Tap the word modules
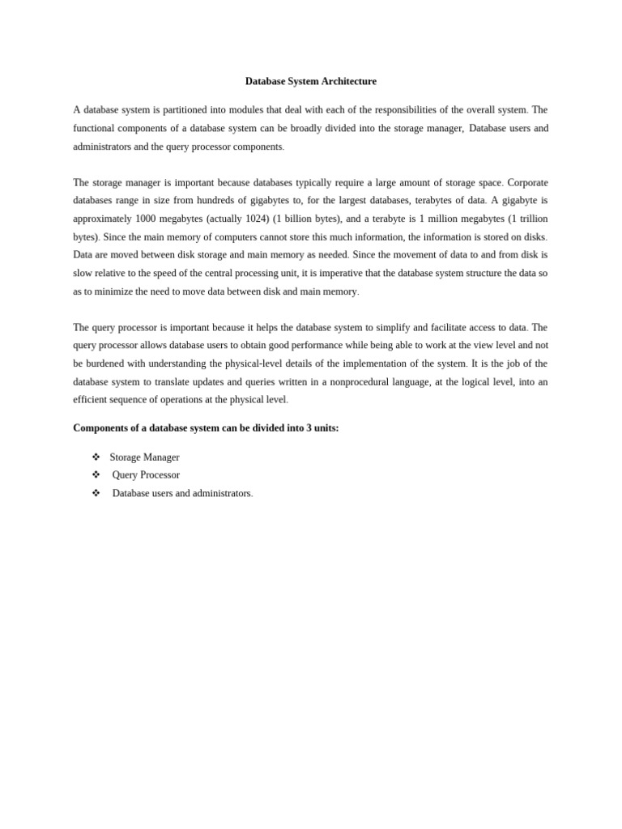(x=234, y=110)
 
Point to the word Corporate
(x=527, y=183)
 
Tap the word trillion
(x=532, y=219)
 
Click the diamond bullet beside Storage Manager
(x=96, y=457)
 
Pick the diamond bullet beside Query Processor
(x=96, y=475)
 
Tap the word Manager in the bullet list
(x=161, y=457)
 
